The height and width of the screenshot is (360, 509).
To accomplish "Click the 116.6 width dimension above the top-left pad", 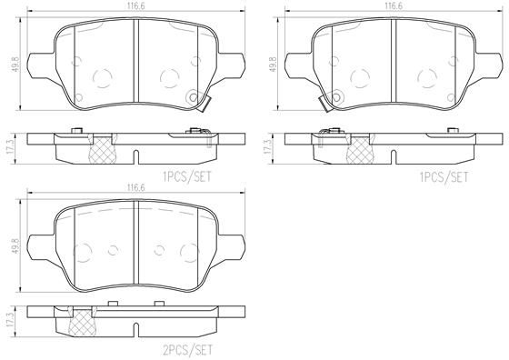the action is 135,6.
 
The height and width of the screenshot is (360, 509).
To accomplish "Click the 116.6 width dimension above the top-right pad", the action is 394,6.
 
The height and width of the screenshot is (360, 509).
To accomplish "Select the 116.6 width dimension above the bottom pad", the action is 135,187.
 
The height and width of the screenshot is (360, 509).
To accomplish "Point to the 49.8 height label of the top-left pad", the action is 15,65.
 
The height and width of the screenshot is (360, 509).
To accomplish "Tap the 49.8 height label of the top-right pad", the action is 273,65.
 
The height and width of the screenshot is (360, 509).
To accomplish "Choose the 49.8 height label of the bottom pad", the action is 15,246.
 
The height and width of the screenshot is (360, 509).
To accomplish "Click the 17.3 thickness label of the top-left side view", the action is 11,147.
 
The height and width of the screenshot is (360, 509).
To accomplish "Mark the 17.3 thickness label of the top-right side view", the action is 268,147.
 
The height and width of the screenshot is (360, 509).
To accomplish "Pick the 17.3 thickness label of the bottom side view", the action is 11,320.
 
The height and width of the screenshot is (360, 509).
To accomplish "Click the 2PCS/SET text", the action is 187,350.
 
